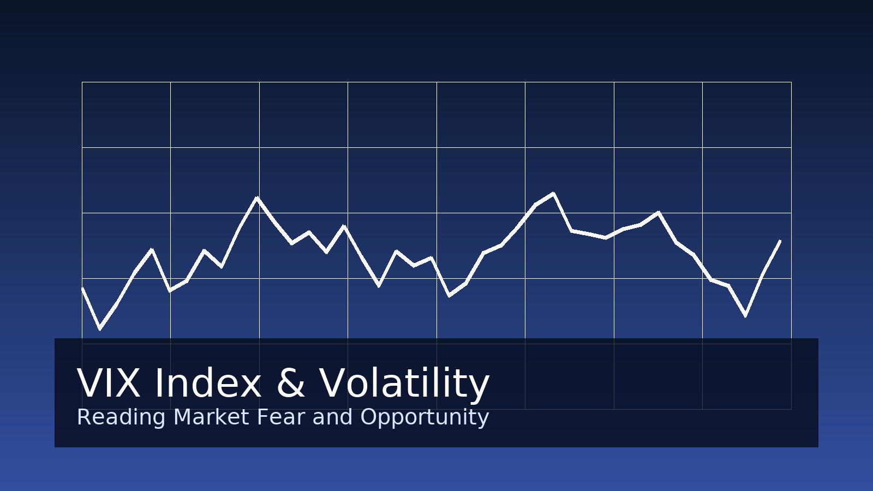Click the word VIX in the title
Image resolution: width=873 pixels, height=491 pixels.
pos(109,384)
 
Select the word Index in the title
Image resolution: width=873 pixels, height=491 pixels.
pos(208,382)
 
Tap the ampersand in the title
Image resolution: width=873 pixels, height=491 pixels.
pos(290,384)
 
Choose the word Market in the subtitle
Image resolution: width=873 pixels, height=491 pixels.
pos(211,417)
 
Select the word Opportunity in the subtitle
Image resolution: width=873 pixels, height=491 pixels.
pos(424,418)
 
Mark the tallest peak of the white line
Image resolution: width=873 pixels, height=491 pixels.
pos(553,193)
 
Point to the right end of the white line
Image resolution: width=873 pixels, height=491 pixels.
pos(780,241)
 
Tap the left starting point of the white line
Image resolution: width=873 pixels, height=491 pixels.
pos(82,288)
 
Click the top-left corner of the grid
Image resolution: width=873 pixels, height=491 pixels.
pos(82,82)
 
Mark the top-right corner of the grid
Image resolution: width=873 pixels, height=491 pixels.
pos(792,82)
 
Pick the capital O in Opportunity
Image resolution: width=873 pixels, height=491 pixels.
pos(369,417)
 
